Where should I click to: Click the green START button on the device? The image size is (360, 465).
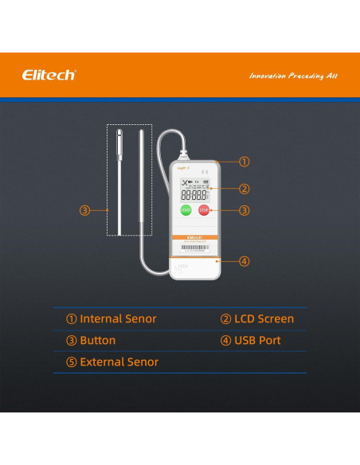pyautogui.click(x=186, y=210)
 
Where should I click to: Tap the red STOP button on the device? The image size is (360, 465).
pyautogui.click(x=203, y=210)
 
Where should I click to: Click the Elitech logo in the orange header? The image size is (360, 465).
pyautogui.click(x=49, y=75)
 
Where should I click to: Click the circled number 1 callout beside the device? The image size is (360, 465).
pyautogui.click(x=245, y=161)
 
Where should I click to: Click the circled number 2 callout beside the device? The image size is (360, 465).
pyautogui.click(x=245, y=189)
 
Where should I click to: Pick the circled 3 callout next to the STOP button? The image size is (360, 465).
pyautogui.click(x=245, y=210)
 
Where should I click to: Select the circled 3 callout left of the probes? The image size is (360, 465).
pyautogui.click(x=84, y=210)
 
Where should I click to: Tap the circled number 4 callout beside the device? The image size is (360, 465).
pyautogui.click(x=245, y=260)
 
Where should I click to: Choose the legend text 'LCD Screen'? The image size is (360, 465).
pyautogui.click(x=257, y=319)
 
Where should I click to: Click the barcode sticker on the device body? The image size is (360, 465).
pyautogui.click(x=193, y=248)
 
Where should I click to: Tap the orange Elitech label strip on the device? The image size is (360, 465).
pyautogui.click(x=194, y=236)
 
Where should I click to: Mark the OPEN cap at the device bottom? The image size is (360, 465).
pyautogui.click(x=194, y=269)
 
